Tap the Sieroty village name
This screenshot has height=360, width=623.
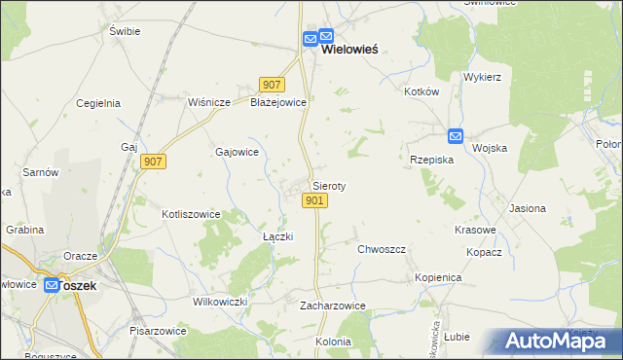pos(329,185)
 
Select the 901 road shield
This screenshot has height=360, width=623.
pos(313,200)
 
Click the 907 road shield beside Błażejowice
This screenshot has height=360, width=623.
pos(272,85)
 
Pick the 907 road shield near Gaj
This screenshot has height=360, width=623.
pos(153,162)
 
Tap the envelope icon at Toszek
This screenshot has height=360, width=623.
pos(52,285)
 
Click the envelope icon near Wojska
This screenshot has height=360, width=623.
pos(456,137)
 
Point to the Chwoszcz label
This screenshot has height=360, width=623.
pos(381,249)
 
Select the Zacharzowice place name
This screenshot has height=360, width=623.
pos(332,305)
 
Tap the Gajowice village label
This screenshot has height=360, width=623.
pos(237,152)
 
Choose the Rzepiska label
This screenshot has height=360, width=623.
pos(431,160)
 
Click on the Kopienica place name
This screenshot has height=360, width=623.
pos(437,277)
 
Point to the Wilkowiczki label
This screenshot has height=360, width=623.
pos(220,302)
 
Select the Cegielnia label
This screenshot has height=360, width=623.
pos(97,102)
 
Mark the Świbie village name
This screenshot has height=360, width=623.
pos(126,31)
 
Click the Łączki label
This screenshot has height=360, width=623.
pos(278,236)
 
